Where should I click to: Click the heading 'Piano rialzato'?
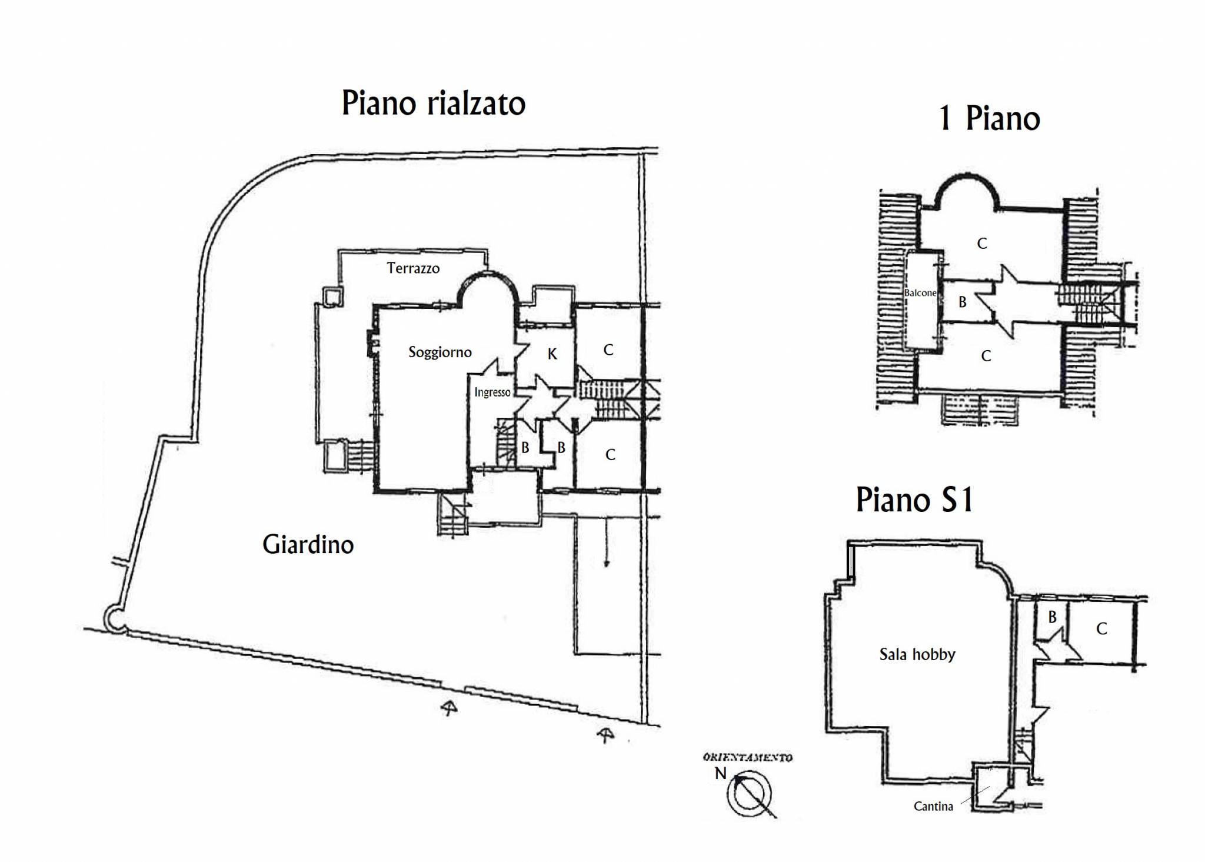434,104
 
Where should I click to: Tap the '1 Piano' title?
990,119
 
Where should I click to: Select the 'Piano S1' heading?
915,500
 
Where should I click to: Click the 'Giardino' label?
308,544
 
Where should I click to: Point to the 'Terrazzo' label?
413,268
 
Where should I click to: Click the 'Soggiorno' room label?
440,352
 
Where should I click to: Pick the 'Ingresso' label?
492,392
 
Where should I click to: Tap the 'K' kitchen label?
552,354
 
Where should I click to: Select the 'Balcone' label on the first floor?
920,293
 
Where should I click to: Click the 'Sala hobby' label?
917,654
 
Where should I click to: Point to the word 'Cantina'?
933,806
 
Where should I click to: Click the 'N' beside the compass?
721,773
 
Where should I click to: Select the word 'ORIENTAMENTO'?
748,758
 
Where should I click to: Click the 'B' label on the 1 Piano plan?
963,302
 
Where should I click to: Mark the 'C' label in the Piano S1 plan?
1101,629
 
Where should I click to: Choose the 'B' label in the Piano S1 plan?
1052,617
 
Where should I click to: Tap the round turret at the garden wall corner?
114,618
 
